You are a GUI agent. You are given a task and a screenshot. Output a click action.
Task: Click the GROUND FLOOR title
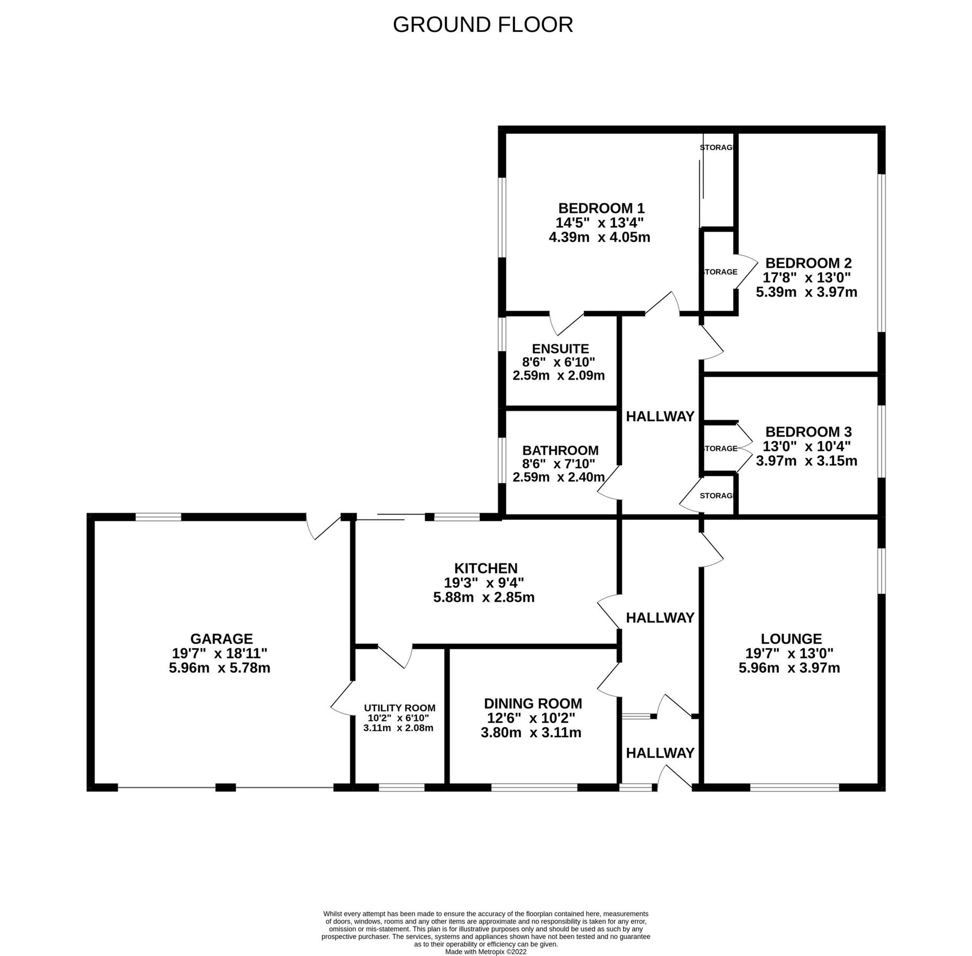[x=483, y=25]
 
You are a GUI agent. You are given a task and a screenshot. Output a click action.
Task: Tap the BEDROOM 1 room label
[x=601, y=208]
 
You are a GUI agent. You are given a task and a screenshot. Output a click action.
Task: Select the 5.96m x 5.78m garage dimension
[x=219, y=668]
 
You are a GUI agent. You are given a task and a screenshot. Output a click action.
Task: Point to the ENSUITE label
[x=560, y=348]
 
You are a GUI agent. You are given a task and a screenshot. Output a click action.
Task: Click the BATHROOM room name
[x=560, y=450]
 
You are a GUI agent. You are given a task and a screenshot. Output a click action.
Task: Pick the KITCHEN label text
[x=485, y=568]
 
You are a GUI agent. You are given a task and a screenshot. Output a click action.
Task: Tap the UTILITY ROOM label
[x=399, y=708]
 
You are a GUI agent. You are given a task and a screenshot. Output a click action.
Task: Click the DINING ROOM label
[x=532, y=704]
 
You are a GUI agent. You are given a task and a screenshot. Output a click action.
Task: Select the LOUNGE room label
[x=790, y=639]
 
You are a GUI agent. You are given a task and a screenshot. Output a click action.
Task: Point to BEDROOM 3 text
[x=808, y=431]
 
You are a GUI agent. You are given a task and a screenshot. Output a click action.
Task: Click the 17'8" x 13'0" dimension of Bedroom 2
[x=806, y=277]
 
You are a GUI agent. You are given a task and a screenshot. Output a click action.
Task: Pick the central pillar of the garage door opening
[x=225, y=787]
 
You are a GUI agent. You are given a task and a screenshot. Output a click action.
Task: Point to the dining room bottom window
[x=534, y=787]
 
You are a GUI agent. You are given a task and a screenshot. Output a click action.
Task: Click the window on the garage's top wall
[x=158, y=516]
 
